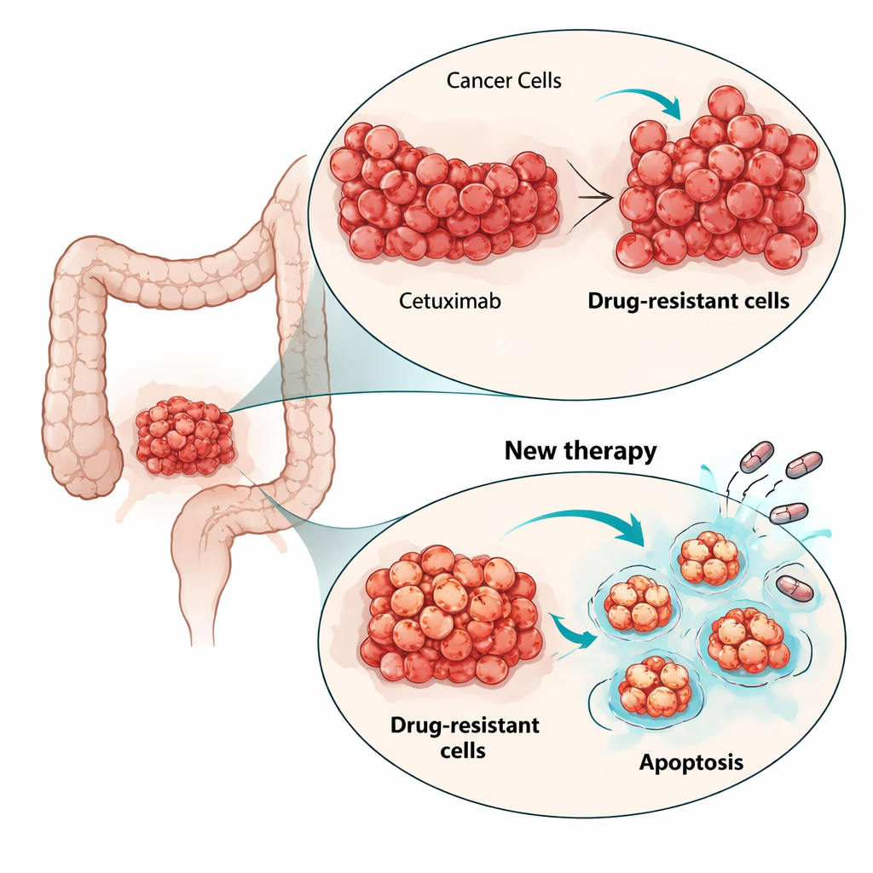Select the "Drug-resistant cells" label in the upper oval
(689, 301)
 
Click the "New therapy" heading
(581, 450)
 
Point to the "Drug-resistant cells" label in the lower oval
(465, 737)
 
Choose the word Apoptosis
(691, 761)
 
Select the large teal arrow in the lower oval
(580, 522)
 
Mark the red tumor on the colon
(185, 436)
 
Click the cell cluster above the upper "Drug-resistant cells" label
(719, 182)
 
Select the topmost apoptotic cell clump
(708, 558)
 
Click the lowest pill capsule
(795, 587)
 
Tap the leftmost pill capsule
(756, 457)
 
